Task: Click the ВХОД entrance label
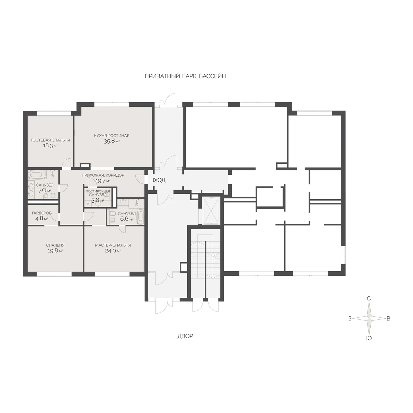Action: click(x=158, y=180)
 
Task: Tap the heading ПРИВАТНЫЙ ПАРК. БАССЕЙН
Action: click(x=185, y=76)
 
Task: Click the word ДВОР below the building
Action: click(x=185, y=336)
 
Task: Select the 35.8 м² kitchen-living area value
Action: click(x=112, y=141)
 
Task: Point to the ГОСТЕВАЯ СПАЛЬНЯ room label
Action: click(x=50, y=140)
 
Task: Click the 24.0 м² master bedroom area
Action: click(x=113, y=251)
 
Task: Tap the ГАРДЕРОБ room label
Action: click(x=42, y=213)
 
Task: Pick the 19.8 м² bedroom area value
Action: click(x=55, y=251)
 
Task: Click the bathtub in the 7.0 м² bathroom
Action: click(x=37, y=175)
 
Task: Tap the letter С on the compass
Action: click(x=369, y=298)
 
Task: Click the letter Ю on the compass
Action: click(x=369, y=338)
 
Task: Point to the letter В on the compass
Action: click(x=388, y=318)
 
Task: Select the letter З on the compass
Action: click(x=350, y=318)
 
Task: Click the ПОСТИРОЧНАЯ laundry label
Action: click(x=98, y=191)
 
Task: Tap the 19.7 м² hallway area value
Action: click(x=103, y=181)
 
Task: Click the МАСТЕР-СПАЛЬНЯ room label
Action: click(x=113, y=245)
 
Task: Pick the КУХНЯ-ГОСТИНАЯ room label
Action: click(x=112, y=136)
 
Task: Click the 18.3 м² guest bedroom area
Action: click(x=50, y=146)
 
